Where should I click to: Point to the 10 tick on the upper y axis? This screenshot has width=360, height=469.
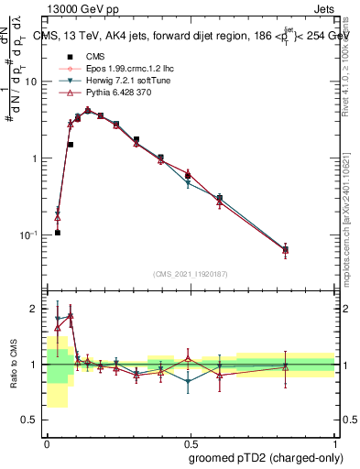[33, 82]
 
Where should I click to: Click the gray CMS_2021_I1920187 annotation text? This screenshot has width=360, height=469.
[190, 274]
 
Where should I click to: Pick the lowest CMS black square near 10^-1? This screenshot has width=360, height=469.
[57, 233]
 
